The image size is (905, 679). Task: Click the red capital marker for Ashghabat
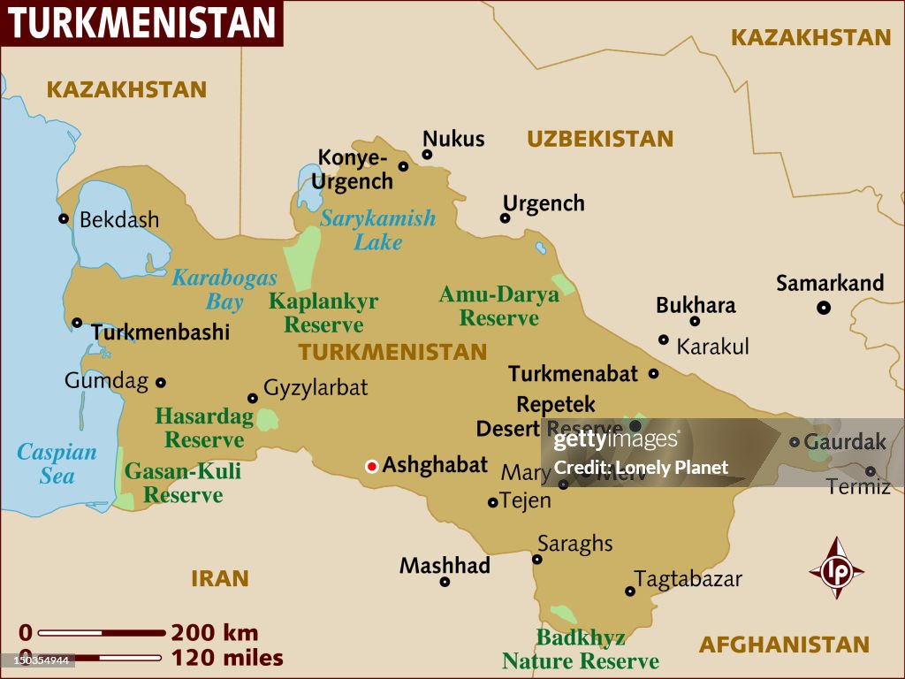click(x=372, y=466)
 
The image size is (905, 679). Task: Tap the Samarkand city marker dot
click(x=824, y=308)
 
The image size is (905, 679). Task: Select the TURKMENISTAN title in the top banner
click(x=142, y=23)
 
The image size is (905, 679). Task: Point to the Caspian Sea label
click(x=57, y=463)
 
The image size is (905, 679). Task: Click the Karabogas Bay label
click(x=224, y=290)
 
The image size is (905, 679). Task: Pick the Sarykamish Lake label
click(x=378, y=230)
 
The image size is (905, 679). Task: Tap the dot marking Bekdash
click(x=64, y=218)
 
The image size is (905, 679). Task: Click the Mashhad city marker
click(x=445, y=582)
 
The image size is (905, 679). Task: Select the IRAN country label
click(x=220, y=579)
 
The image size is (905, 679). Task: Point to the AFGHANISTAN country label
click(x=784, y=645)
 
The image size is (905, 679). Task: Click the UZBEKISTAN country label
click(x=600, y=139)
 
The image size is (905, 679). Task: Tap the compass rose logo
click(x=836, y=569)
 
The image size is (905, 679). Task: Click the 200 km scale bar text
click(x=215, y=632)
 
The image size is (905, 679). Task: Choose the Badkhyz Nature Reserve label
click(x=581, y=649)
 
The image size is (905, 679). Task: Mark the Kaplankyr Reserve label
click(x=323, y=312)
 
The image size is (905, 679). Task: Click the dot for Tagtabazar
click(x=630, y=591)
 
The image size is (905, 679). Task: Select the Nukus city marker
click(x=427, y=155)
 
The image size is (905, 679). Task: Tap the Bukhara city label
click(x=696, y=305)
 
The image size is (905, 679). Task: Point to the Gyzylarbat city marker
click(x=253, y=398)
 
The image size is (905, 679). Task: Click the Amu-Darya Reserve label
click(x=499, y=306)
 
